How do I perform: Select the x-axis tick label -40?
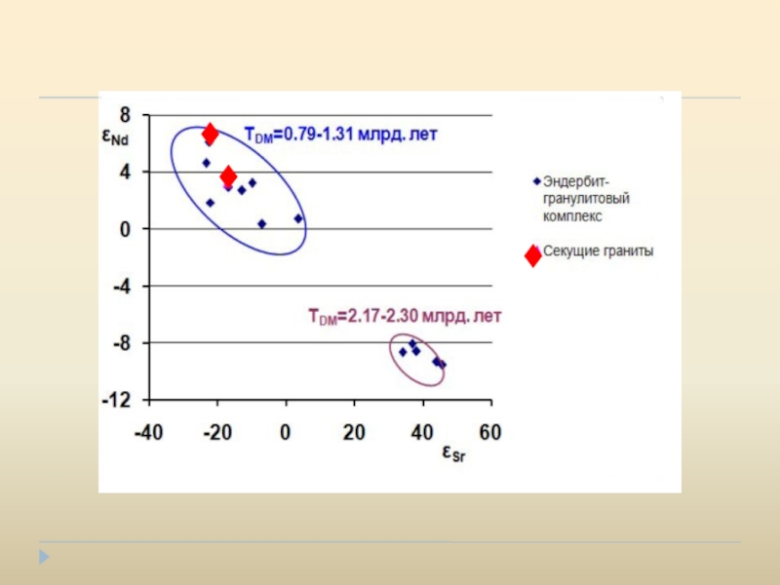pyautogui.click(x=148, y=432)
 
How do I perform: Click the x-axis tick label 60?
pyautogui.click(x=489, y=432)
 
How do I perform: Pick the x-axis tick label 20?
pyautogui.click(x=353, y=432)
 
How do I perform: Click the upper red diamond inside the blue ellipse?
pyautogui.click(x=210, y=133)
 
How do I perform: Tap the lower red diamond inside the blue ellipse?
pyautogui.click(x=228, y=175)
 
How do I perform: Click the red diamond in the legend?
pyautogui.click(x=532, y=256)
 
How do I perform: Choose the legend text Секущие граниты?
pyautogui.click(x=598, y=251)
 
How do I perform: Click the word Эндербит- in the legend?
pyautogui.click(x=576, y=181)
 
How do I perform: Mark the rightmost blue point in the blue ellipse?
pyautogui.click(x=298, y=218)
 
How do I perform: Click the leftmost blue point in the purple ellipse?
pyautogui.click(x=403, y=352)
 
